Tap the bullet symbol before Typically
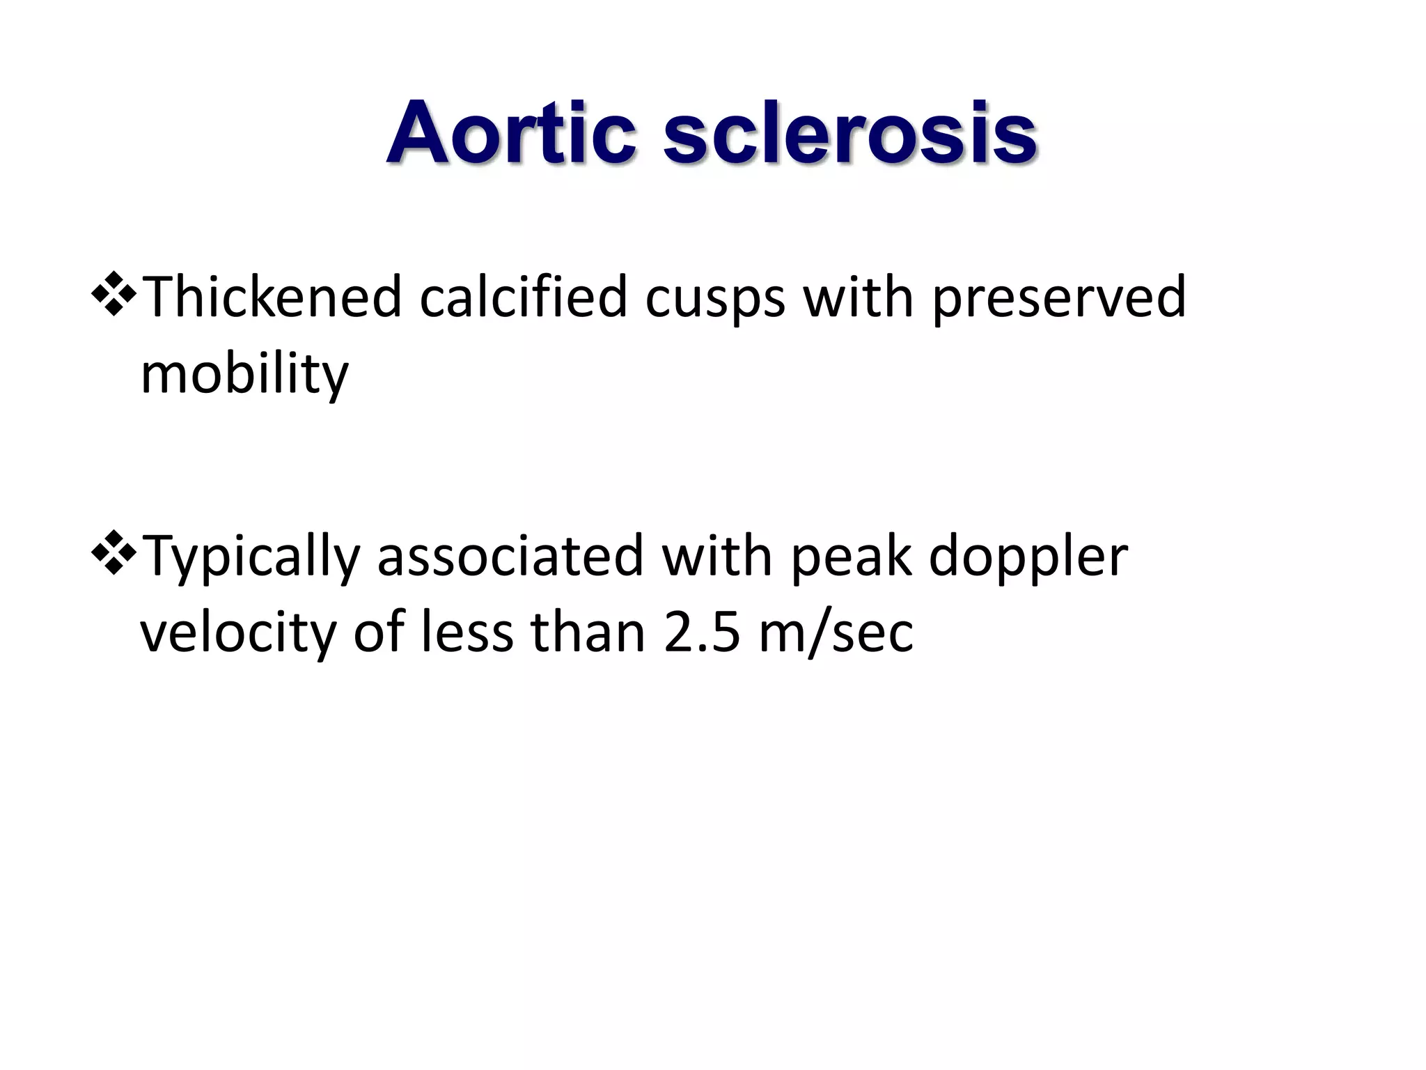tap(113, 554)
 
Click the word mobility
tap(244, 374)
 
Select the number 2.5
tap(702, 634)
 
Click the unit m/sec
tap(836, 634)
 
